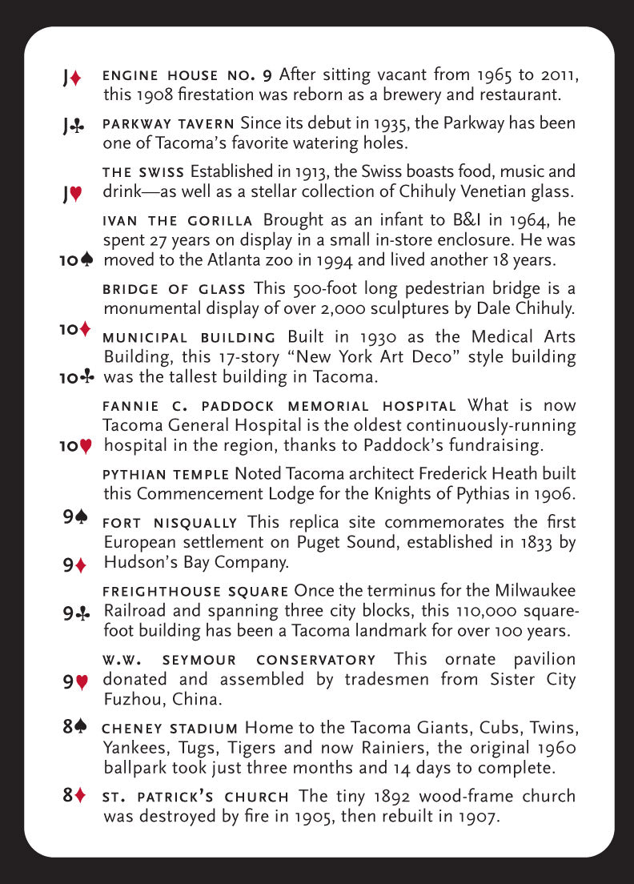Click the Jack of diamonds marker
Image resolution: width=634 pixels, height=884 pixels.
[x=72, y=78]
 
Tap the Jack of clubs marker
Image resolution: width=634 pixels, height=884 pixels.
[x=72, y=127]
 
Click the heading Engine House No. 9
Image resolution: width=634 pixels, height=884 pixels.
[x=188, y=76]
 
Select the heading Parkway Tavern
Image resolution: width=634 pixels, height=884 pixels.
[x=168, y=124]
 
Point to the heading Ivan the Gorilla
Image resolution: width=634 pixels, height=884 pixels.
[x=178, y=220]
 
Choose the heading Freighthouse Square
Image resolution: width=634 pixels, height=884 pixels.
[x=195, y=592]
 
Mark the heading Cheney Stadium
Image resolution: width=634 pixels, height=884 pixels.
[x=170, y=729]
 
